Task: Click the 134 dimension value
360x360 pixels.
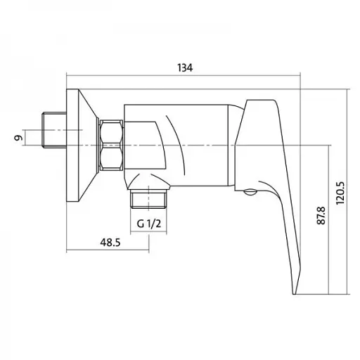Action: (185, 67)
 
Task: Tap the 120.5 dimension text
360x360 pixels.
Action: (340, 193)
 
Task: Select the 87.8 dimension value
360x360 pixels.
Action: (321, 216)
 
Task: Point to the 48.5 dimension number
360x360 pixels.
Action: (110, 243)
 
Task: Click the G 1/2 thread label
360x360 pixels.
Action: (149, 224)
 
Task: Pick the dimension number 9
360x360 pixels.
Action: (18, 138)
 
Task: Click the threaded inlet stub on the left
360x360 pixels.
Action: (54, 130)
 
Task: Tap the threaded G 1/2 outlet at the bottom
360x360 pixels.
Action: (148, 199)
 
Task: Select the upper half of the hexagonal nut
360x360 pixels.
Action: (111, 133)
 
